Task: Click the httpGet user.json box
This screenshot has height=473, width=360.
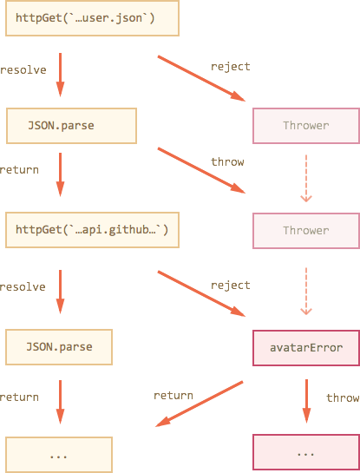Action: tap(92, 18)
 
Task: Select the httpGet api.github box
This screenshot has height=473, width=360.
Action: tap(92, 230)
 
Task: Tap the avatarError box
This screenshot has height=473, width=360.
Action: tap(306, 348)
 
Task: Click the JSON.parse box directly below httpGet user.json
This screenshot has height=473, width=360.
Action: tap(71, 126)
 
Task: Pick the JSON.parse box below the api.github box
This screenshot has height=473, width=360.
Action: tap(59, 347)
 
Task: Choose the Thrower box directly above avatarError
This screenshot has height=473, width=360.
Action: tap(306, 231)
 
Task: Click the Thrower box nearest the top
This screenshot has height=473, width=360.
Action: tap(306, 126)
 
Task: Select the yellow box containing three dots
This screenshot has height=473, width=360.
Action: tap(59, 455)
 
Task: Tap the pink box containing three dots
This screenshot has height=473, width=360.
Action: tap(306, 452)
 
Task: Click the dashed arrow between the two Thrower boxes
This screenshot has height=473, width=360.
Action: tap(306, 178)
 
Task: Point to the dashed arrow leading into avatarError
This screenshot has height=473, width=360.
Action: tap(306, 291)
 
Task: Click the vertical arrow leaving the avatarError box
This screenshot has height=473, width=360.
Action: tap(306, 401)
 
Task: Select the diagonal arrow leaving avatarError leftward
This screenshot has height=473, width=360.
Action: tap(200, 404)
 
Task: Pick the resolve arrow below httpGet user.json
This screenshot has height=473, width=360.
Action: tap(61, 75)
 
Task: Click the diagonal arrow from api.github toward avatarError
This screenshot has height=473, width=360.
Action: tap(201, 294)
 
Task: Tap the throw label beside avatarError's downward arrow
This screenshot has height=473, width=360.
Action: tap(343, 397)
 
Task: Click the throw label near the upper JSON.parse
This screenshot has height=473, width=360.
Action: tap(227, 161)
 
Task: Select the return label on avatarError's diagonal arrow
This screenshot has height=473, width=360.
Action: tap(173, 396)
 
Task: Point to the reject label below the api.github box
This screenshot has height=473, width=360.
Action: tap(231, 286)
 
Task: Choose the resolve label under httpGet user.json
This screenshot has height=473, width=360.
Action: tap(23, 70)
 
